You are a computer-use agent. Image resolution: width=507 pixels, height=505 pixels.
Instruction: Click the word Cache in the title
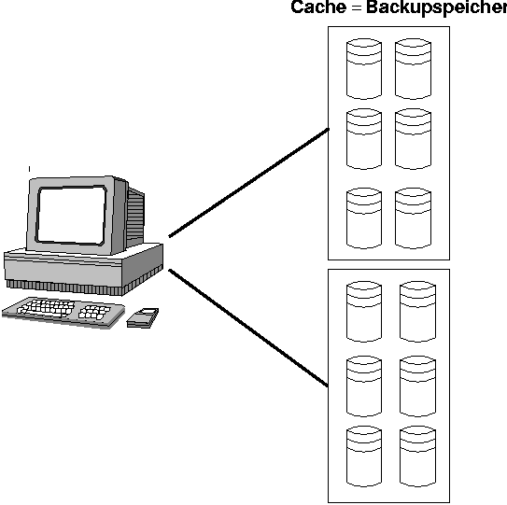tap(318, 7)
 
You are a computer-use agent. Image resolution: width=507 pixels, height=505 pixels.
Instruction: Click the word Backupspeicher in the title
tap(437, 8)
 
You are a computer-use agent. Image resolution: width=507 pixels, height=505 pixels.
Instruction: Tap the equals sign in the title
tap(357, 7)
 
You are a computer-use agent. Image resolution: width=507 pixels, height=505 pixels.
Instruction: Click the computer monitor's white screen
tap(72, 215)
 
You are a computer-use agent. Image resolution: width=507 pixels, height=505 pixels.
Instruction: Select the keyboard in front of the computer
tap(63, 312)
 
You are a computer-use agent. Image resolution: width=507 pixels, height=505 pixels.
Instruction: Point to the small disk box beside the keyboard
tap(143, 317)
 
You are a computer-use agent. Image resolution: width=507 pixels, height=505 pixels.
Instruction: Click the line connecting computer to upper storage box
tap(249, 183)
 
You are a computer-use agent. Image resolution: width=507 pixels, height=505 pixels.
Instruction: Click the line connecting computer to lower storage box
tap(248, 328)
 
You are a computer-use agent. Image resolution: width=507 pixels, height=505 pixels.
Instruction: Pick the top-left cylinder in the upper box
tap(364, 69)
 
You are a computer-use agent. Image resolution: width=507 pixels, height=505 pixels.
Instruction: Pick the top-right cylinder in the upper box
tap(413, 69)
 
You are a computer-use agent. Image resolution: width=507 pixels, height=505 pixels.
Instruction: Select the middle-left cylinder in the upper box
tap(364, 139)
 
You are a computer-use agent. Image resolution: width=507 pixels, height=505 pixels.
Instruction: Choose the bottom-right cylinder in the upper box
tap(413, 218)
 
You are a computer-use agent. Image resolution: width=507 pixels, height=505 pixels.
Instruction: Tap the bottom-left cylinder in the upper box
tap(364, 218)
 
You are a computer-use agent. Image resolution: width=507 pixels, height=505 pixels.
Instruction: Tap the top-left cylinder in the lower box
tap(364, 312)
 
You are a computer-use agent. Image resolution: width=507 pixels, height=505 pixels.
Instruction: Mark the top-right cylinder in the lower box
tap(417, 312)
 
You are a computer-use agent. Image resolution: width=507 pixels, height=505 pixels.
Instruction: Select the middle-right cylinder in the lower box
tap(417, 386)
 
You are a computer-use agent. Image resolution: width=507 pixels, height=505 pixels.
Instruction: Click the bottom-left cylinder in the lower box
tap(364, 456)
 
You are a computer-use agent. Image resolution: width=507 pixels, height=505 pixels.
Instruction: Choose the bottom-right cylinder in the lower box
tap(417, 456)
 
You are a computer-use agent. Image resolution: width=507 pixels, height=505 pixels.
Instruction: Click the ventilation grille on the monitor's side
tap(135, 216)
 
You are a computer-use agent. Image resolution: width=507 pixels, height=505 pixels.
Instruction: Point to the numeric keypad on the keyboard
tap(94, 313)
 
